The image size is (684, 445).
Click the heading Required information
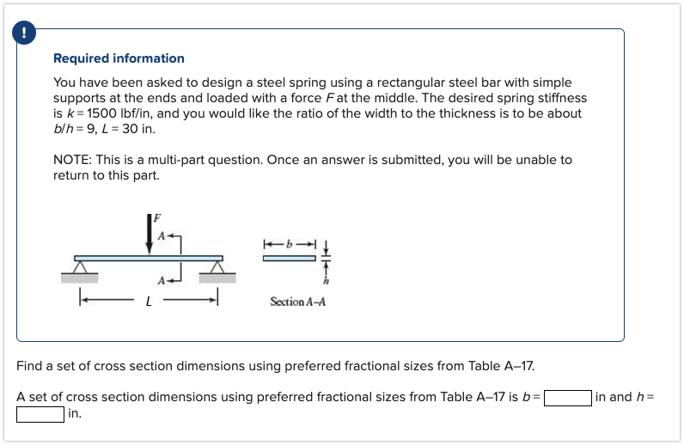pos(119,58)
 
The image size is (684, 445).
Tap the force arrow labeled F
pos(150,233)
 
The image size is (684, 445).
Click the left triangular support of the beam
pos(80,267)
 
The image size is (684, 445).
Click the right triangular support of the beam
pos(217,267)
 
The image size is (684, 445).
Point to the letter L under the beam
pos(149,300)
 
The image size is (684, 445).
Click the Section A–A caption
pos(297,302)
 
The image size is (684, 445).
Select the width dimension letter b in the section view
pos(290,245)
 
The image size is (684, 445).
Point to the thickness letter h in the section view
pos(326,282)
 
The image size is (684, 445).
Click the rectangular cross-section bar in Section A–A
pos(290,259)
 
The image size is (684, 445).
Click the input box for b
pos(568,398)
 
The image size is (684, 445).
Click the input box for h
pos(40,414)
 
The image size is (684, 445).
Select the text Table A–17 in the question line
pos(501,366)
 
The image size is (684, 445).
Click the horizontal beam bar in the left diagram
pos(149,258)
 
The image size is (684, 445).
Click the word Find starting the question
pos(30,366)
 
